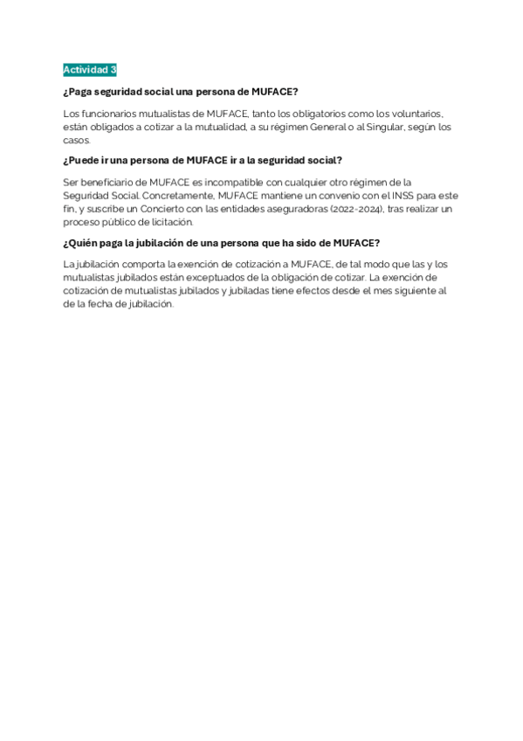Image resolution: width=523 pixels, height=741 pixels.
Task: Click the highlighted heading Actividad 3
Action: click(90, 69)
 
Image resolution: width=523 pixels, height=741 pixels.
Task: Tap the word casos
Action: click(76, 140)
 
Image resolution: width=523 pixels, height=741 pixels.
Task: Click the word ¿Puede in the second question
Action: click(80, 160)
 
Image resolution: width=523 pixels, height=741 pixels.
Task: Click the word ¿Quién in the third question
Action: click(80, 242)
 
